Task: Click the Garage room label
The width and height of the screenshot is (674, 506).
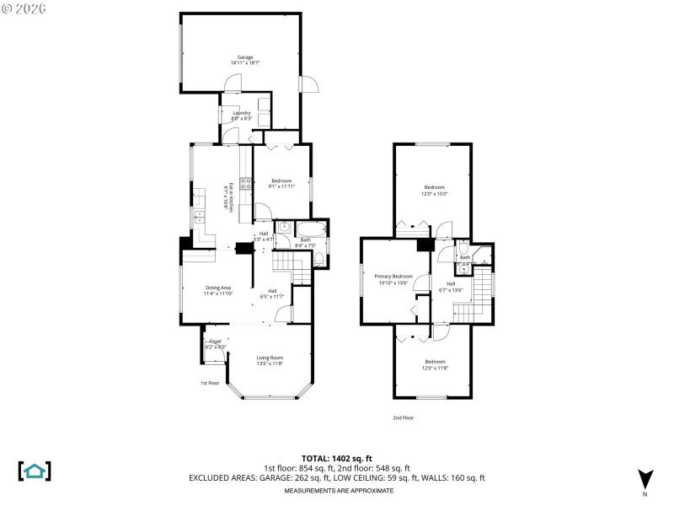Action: click(x=245, y=57)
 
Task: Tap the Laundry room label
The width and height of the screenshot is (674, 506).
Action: click(x=243, y=113)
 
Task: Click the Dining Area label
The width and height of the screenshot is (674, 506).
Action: click(x=217, y=288)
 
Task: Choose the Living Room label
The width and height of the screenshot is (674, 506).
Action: click(x=270, y=358)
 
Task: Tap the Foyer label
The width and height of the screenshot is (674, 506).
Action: click(x=216, y=342)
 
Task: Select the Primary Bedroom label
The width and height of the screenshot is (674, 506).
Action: click(x=395, y=277)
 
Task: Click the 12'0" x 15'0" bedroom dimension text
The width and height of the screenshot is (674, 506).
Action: click(x=435, y=193)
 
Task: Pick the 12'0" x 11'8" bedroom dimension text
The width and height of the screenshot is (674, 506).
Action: click(x=435, y=368)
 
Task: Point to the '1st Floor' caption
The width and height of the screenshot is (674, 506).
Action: click(x=210, y=383)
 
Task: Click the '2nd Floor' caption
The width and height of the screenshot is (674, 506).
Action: click(x=403, y=417)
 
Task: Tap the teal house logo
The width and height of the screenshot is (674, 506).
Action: click(x=35, y=471)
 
